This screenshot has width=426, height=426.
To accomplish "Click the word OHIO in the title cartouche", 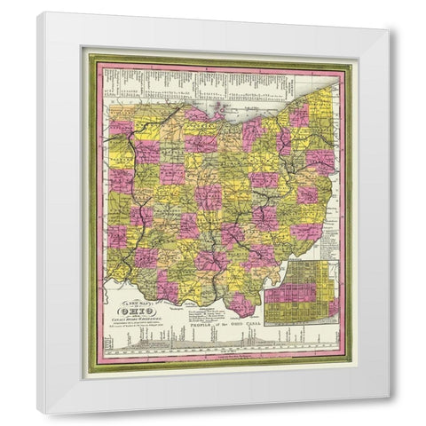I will [142, 312].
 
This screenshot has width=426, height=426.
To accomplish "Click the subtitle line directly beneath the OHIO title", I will [141, 320].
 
